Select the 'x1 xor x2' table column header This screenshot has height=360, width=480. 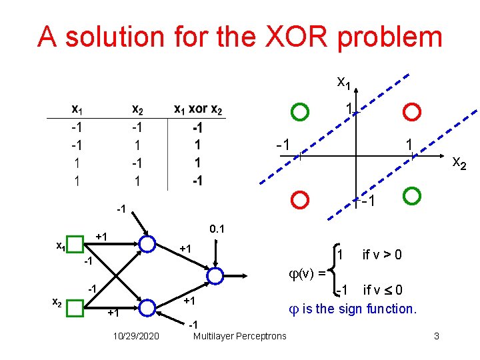198,109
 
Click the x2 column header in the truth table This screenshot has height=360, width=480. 137,109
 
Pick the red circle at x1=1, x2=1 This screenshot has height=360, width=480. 413,111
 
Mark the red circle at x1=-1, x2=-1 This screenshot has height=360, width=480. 301,199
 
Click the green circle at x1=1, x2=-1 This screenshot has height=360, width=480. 301,111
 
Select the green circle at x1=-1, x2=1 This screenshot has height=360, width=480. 413,196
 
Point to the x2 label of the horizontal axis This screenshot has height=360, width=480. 460,162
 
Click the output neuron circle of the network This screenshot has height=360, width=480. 215,275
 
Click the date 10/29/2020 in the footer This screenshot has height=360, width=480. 137,335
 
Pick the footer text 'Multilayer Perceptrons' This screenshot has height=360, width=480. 239,335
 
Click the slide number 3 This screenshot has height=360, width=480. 436,335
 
